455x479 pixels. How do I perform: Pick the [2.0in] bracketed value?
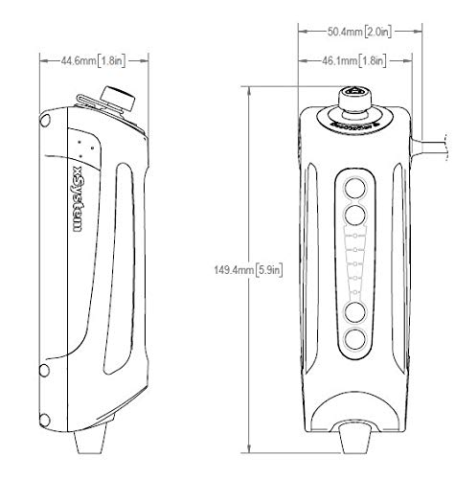click(x=379, y=31)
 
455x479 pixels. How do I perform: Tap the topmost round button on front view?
click(x=355, y=186)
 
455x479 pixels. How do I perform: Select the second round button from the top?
click(x=355, y=214)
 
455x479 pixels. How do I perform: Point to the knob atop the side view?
click(x=123, y=97)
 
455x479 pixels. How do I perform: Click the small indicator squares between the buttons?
click(x=355, y=262)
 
